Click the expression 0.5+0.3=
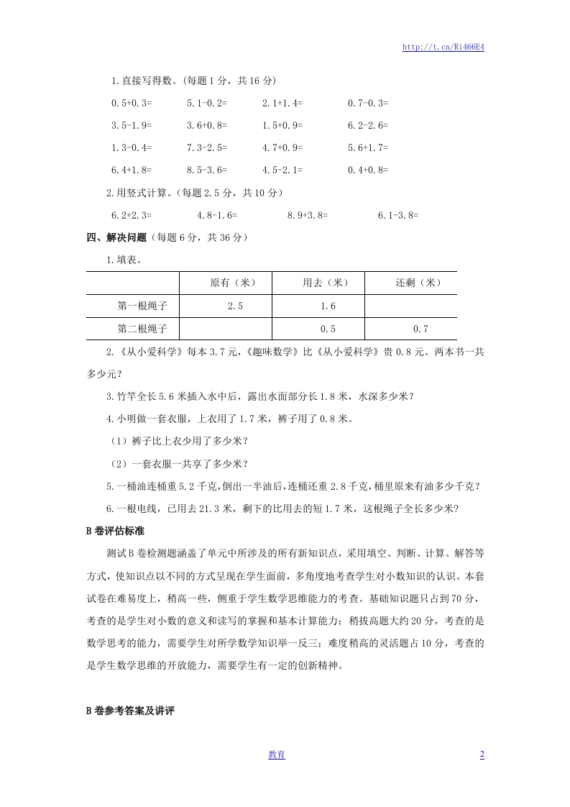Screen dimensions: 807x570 coord(132,103)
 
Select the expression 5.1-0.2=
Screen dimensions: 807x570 coord(207,103)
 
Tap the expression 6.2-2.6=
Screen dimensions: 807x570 coord(368,125)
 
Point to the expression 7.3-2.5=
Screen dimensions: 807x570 coord(207,147)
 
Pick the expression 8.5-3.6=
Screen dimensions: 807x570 coord(207,170)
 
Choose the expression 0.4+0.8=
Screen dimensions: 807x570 coord(368,170)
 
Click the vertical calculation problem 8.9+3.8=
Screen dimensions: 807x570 coord(308,214)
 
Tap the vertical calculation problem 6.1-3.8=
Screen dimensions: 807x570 coord(398,214)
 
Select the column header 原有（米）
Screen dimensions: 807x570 coord(226,283)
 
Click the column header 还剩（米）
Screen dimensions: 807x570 coord(411,283)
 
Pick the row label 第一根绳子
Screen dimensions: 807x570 coord(142,306)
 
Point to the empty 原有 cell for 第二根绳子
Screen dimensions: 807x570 coord(226,329)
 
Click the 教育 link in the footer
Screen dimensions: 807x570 coord(277,754)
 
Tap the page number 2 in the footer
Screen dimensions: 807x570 coord(482,754)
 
